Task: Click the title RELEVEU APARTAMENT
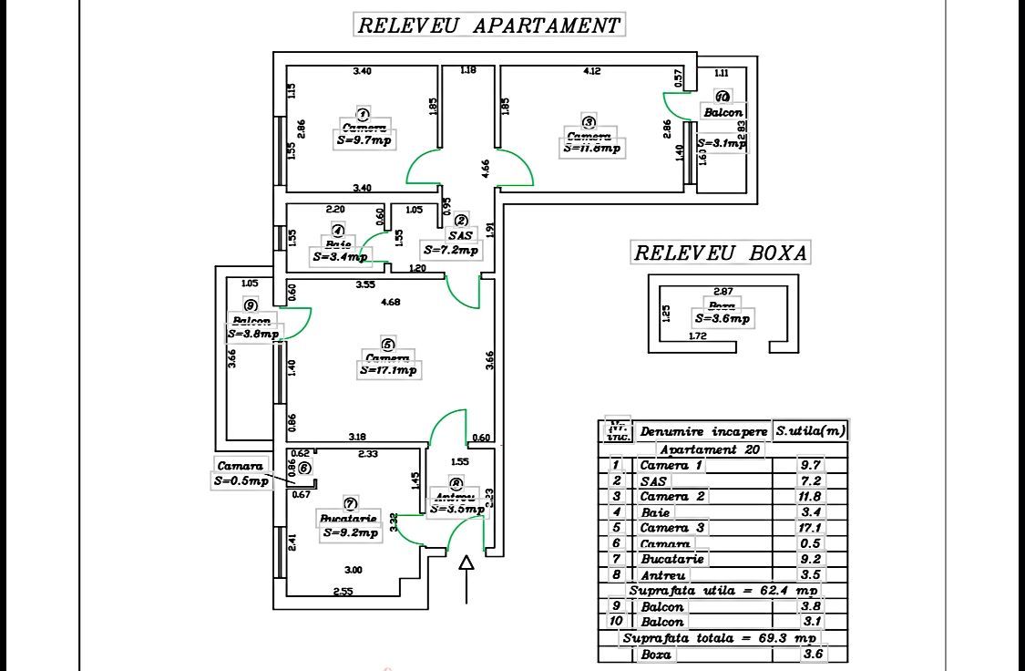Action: [489, 25]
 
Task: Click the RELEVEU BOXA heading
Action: [721, 253]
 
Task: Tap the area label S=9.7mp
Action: [364, 141]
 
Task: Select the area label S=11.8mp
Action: [592, 148]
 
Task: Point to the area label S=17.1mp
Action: [388, 370]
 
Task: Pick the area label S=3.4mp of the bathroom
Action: [340, 257]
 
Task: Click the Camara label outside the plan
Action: [240, 466]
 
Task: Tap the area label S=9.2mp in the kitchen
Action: [351, 533]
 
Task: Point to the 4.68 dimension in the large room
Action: [390, 302]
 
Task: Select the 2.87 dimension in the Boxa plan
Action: [724, 292]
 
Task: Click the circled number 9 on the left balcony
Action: [251, 305]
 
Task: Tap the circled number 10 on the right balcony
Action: [723, 97]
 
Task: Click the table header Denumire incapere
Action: [703, 431]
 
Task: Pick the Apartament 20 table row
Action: [711, 449]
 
